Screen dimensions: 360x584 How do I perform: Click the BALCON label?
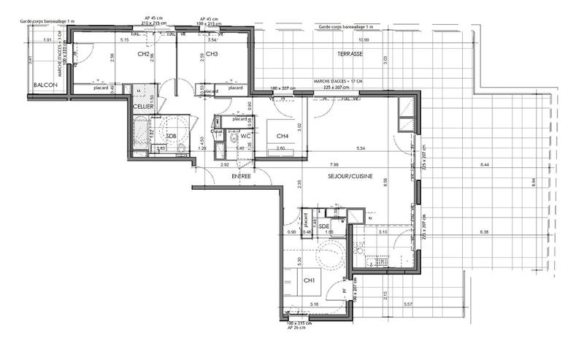(x=46, y=86)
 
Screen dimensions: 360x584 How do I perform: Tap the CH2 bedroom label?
(x=143, y=54)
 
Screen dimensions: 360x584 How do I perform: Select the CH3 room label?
(x=212, y=54)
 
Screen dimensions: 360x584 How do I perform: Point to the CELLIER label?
(x=142, y=107)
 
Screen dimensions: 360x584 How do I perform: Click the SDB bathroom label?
(x=172, y=137)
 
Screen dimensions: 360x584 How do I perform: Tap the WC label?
(x=246, y=137)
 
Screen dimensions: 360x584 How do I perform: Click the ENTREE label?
(x=242, y=177)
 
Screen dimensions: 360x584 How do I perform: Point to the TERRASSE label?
(x=351, y=55)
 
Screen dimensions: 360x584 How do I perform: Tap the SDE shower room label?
(x=326, y=226)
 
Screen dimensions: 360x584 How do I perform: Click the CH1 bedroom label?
(x=310, y=280)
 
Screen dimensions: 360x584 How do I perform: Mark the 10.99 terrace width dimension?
(x=363, y=39)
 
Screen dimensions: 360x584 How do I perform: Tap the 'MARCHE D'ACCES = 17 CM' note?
(x=338, y=81)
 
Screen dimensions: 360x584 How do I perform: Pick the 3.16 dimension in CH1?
(x=314, y=303)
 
